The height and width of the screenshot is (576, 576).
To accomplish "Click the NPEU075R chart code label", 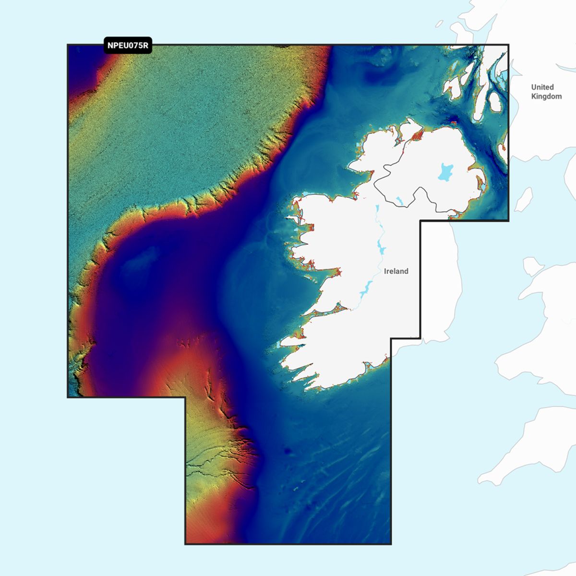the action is pyautogui.click(x=127, y=46).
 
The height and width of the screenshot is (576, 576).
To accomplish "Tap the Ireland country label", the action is pyautogui.click(x=396, y=271).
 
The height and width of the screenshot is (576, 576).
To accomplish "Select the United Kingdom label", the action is pyautogui.click(x=546, y=92).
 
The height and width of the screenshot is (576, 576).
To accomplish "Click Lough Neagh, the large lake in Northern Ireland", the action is pyautogui.click(x=445, y=171).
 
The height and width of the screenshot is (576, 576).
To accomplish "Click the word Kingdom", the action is pyautogui.click(x=546, y=96).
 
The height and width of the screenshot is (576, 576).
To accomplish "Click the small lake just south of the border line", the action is pyautogui.click(x=398, y=200).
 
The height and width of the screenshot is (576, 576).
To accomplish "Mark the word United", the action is pyautogui.click(x=542, y=87).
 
